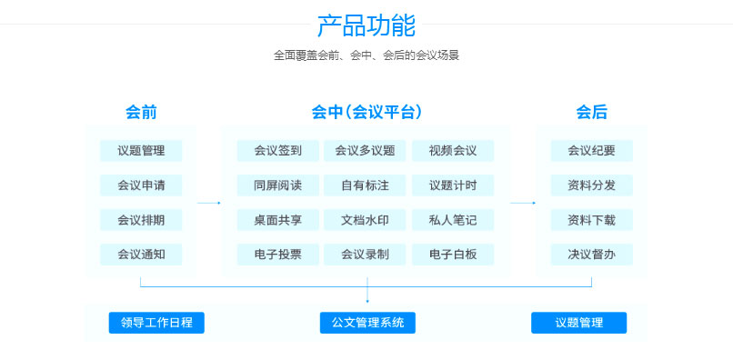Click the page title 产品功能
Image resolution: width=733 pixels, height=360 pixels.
(x=366, y=25)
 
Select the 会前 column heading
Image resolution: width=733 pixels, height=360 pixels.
(x=141, y=113)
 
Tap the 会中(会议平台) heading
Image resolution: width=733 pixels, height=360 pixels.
(x=366, y=113)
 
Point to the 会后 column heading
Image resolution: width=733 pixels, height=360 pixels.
(x=591, y=113)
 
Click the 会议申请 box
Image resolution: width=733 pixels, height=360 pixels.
(x=141, y=185)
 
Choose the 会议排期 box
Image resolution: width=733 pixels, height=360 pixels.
(x=141, y=220)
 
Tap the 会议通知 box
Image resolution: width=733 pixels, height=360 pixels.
(x=141, y=255)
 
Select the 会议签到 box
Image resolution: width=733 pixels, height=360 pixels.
(x=277, y=151)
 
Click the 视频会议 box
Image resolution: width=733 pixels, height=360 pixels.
(x=453, y=151)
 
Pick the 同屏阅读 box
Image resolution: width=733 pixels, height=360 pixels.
(x=277, y=185)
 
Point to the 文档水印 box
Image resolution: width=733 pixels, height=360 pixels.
(x=365, y=220)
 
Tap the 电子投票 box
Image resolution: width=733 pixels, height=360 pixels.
(x=277, y=255)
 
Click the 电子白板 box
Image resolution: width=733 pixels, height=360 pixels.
(x=453, y=255)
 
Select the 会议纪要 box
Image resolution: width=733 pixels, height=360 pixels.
(x=591, y=151)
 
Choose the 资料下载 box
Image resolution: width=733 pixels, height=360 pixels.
(x=591, y=220)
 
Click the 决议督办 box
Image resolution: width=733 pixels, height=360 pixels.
(x=591, y=255)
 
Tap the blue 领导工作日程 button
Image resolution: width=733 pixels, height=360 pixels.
(x=156, y=323)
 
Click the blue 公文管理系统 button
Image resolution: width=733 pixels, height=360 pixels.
(x=367, y=323)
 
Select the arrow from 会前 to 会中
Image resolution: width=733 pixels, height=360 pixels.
(x=209, y=203)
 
